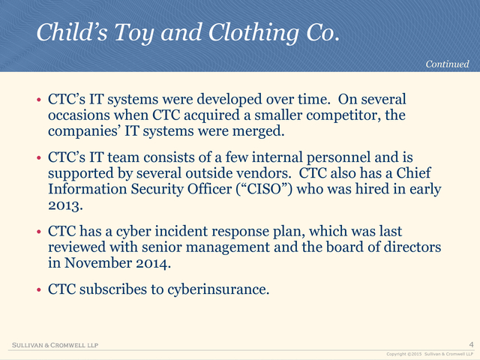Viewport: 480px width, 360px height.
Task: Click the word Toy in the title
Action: click(x=133, y=32)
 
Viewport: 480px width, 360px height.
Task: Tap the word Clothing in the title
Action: click(x=253, y=32)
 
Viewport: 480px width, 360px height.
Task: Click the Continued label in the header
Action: click(x=447, y=64)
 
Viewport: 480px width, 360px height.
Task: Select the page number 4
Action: click(x=472, y=344)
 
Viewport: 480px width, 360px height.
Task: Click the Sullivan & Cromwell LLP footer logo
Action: click(x=55, y=345)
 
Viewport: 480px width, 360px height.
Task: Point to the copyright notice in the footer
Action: click(x=430, y=354)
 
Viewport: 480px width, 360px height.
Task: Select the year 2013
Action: click(x=65, y=205)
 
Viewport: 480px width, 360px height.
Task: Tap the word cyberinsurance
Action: click(x=218, y=289)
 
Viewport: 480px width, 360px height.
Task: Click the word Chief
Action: click(x=413, y=172)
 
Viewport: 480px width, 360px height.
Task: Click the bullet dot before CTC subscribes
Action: click(x=39, y=289)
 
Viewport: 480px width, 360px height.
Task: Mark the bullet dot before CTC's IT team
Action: click(x=39, y=158)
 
